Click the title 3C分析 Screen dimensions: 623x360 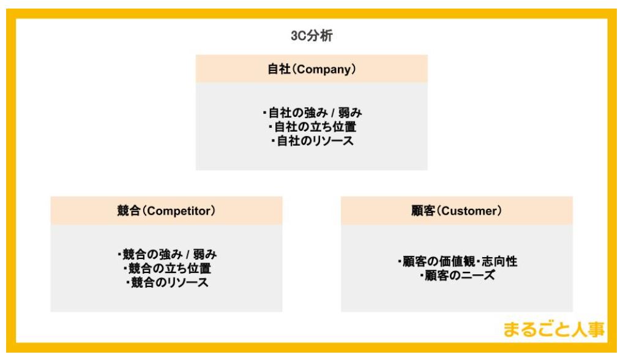coord(311,36)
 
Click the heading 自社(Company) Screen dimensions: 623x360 coord(311,69)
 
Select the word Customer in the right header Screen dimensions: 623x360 coord(469,211)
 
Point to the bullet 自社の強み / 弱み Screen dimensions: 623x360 coord(312,113)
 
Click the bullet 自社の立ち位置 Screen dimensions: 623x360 coord(312,127)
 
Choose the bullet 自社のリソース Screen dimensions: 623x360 coord(312,141)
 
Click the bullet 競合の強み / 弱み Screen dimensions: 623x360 coord(167,254)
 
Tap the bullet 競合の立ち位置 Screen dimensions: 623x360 coord(167,268)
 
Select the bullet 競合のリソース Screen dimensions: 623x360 coord(167,282)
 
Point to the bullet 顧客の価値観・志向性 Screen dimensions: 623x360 coord(457,261)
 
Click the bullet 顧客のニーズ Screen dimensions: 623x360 coord(457,275)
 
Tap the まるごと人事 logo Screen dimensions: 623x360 coord(554,329)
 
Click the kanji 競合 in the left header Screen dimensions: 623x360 coord(129,211)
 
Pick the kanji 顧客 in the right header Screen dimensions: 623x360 coord(423,211)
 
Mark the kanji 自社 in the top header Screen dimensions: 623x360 coord(279,69)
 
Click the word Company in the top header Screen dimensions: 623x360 coord(324,70)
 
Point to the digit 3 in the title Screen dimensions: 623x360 coord(294,36)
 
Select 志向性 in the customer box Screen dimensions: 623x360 coord(499,261)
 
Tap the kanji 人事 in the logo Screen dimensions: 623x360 coord(588,329)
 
